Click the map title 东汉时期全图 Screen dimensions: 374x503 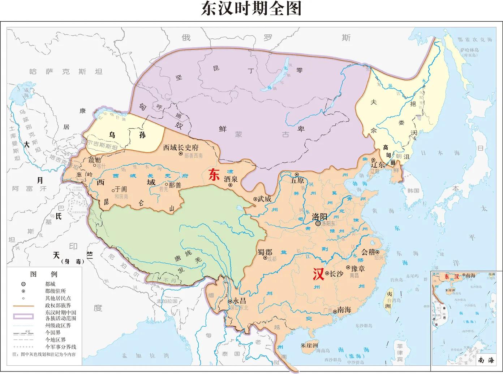(251, 9)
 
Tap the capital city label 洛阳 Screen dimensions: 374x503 (319, 216)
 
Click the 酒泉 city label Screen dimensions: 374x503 (231, 179)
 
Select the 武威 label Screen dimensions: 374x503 (264, 199)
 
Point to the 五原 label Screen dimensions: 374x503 (297, 180)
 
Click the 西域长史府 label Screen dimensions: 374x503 (181, 147)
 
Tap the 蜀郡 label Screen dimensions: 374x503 (265, 252)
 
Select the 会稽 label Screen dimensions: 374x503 (369, 252)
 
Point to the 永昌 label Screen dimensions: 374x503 (239, 301)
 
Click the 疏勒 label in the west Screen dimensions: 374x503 (95, 160)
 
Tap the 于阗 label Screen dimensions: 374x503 (121, 189)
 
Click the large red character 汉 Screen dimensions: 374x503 (318, 275)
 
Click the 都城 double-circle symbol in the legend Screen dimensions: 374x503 (23, 284)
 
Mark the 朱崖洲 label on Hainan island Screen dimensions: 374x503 (309, 345)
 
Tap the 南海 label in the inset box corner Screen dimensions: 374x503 (485, 360)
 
